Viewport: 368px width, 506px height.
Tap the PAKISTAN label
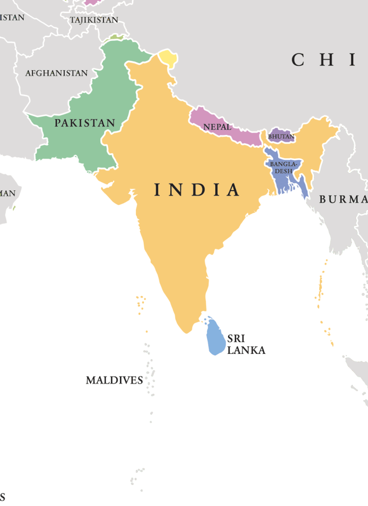[x=84, y=123]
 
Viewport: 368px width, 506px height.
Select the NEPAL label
[x=217, y=127]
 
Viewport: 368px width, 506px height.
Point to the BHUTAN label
[x=281, y=136]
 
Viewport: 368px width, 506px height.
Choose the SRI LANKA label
[x=245, y=345]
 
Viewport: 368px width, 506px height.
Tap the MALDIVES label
[x=114, y=380]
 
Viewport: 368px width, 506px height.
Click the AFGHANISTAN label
[x=56, y=73]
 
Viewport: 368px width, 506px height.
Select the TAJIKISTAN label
[x=94, y=20]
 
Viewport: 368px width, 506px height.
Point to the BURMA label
[x=343, y=200]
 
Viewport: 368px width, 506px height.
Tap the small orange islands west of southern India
[x=141, y=302]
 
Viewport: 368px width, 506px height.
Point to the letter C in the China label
[x=297, y=60]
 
